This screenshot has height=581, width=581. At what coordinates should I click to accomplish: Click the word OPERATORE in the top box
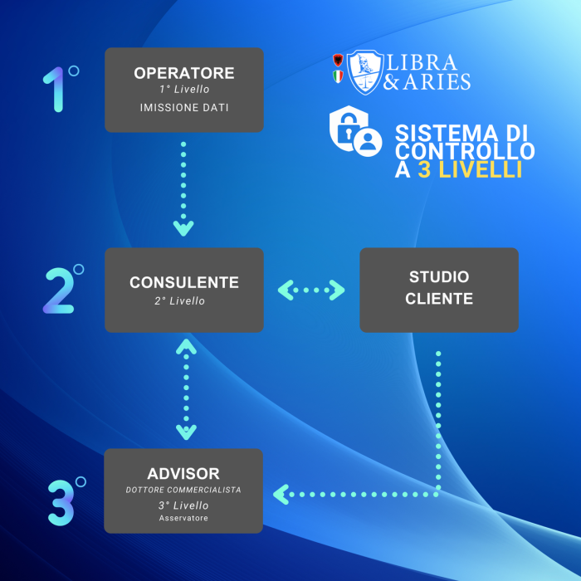click(184, 73)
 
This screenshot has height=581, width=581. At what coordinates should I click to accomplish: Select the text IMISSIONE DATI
click(184, 107)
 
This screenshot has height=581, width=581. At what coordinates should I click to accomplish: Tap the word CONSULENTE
click(184, 282)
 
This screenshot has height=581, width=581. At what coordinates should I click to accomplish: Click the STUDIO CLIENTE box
click(439, 290)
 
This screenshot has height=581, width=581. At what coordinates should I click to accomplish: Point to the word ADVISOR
click(183, 474)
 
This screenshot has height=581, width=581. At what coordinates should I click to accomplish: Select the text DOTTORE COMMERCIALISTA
click(183, 490)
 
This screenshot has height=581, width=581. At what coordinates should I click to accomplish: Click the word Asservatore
click(183, 518)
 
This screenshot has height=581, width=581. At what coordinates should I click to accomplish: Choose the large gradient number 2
click(59, 290)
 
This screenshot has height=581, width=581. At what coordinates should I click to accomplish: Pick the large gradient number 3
click(61, 503)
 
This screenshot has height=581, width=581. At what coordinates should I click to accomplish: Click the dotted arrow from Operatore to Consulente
click(183, 188)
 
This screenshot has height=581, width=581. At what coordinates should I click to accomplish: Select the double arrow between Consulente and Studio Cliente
click(311, 290)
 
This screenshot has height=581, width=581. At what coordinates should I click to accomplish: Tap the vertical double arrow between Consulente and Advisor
click(186, 389)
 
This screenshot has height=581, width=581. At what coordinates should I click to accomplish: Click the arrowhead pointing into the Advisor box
click(281, 495)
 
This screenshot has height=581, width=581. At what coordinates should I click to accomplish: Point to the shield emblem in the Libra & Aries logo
click(365, 72)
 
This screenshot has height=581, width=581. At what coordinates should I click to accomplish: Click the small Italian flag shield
click(338, 76)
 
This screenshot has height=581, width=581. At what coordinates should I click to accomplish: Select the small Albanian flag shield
click(338, 60)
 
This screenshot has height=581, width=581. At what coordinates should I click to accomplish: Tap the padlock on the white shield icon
click(349, 127)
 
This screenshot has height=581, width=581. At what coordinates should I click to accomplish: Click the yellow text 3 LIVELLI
click(471, 169)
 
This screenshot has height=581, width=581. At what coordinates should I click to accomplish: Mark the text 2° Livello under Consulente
click(180, 300)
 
